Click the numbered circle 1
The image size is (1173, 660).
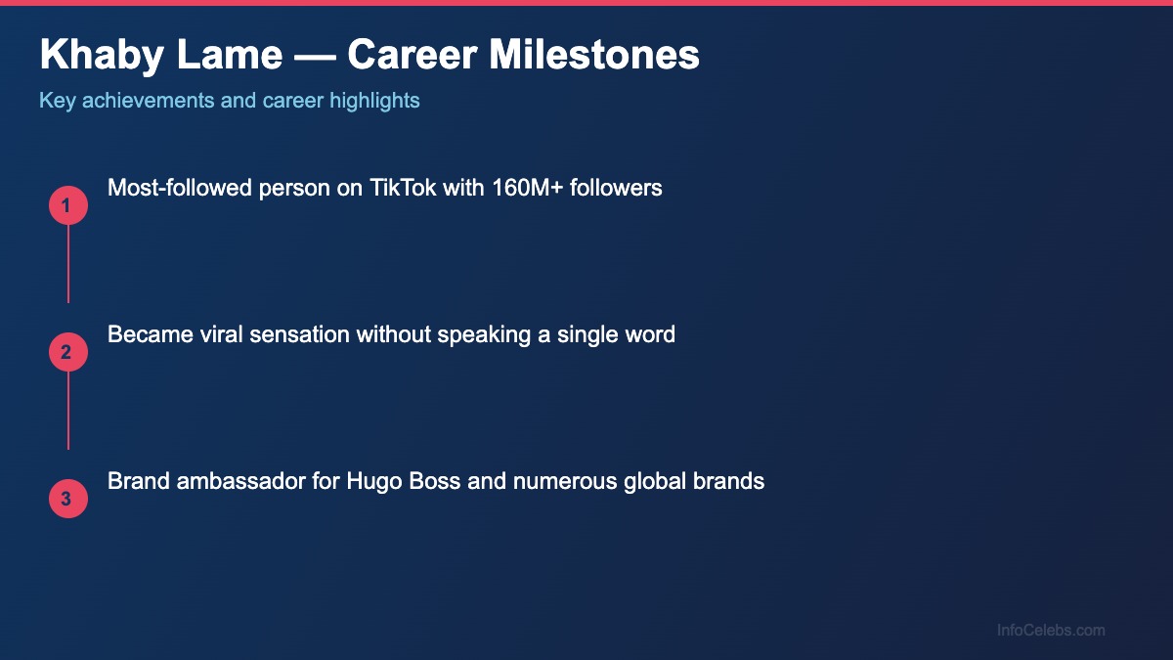(x=67, y=205)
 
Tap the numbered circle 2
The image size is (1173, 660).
(x=67, y=352)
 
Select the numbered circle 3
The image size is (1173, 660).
(x=67, y=499)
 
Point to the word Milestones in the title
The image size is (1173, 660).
(x=594, y=56)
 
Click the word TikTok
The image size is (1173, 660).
(x=403, y=188)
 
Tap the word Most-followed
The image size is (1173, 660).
(x=179, y=188)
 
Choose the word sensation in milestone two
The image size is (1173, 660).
(x=303, y=334)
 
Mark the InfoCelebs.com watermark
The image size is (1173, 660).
(x=1051, y=631)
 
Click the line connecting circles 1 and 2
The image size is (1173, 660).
(x=67, y=264)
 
